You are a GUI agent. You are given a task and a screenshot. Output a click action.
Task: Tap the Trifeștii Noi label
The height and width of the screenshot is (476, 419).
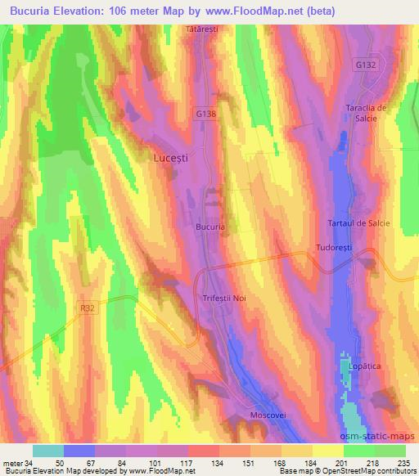click(223, 299)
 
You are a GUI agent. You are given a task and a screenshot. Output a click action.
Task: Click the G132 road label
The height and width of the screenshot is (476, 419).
click(366, 63)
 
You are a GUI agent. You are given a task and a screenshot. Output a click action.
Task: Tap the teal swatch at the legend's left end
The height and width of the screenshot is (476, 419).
click(47, 451)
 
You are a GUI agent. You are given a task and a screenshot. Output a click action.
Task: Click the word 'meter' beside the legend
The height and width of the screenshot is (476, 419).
click(11, 463)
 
